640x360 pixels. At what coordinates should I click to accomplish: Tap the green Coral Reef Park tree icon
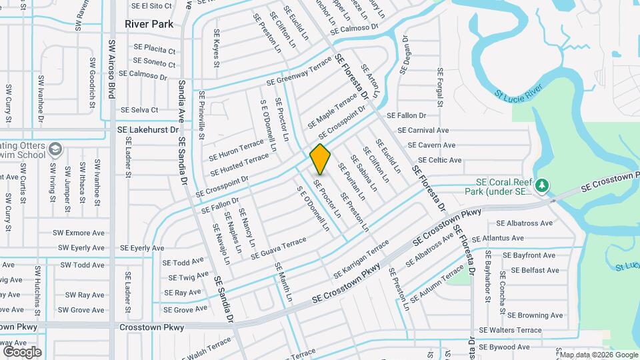click(543, 184)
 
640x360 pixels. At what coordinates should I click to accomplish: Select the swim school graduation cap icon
click(55, 149)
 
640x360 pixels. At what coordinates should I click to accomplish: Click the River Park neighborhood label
click(149, 24)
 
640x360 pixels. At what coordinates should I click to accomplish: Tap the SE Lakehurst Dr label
click(148, 130)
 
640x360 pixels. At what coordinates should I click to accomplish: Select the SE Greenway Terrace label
click(299, 72)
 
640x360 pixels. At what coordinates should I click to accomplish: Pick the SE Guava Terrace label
click(279, 245)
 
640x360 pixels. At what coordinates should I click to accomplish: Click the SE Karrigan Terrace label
click(361, 259)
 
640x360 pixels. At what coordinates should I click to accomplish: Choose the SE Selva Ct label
click(139, 110)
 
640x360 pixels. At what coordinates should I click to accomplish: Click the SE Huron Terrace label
click(236, 150)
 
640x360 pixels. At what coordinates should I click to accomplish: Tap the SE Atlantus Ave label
click(497, 238)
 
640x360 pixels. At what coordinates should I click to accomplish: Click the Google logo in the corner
click(22, 352)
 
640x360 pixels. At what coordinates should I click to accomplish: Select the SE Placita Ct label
click(154, 49)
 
